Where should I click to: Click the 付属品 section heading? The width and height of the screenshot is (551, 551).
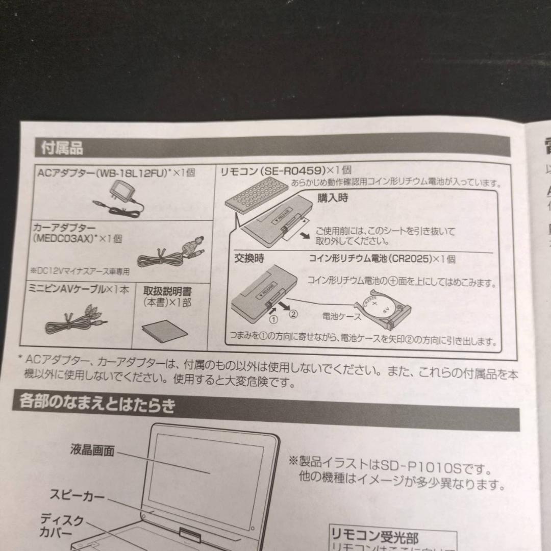(61, 148)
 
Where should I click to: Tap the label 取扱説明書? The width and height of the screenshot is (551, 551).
(167, 291)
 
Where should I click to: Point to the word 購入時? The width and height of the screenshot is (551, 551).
(333, 198)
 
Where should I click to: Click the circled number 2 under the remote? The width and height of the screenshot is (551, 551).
(292, 314)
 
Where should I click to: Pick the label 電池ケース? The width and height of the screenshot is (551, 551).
(342, 317)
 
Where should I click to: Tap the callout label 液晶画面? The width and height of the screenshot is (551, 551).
(92, 451)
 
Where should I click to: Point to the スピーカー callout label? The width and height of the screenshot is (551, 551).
(77, 495)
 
